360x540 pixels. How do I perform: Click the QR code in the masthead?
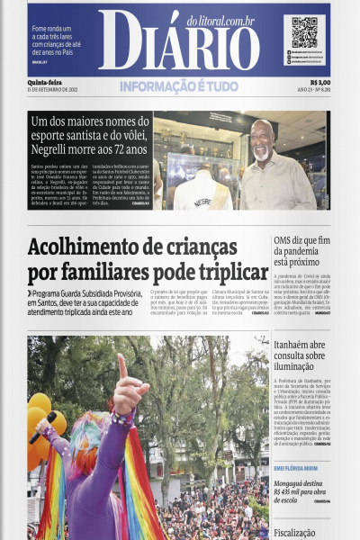[x=304, y=31]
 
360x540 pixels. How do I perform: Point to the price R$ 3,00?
[x=319, y=82]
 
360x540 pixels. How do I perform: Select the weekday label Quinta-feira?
[x=44, y=82]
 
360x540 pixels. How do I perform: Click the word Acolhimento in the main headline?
[x=97, y=247]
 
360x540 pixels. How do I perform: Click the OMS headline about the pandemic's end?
[x=301, y=251]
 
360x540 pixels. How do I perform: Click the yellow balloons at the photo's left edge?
[x=38, y=423]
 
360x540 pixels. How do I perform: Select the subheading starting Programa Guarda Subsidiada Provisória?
[x=85, y=303]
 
